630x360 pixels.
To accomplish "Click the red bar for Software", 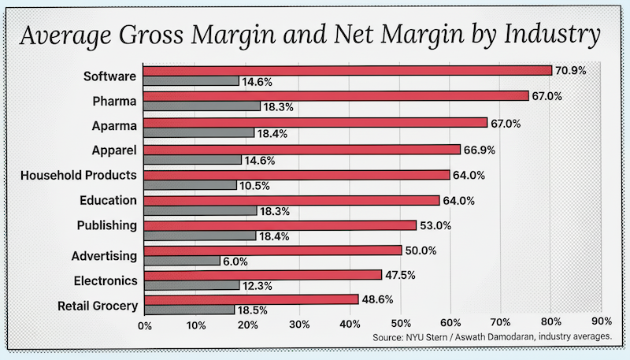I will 348,70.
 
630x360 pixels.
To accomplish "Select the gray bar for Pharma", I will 202,106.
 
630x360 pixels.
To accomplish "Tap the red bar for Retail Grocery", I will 251,299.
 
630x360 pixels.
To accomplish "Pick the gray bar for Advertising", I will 183,260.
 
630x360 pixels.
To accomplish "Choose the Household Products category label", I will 79,175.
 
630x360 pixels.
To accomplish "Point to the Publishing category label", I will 107,226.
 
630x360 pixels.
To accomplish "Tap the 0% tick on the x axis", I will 145,323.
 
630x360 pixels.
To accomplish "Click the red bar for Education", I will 292,200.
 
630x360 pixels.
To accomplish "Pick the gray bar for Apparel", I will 194,159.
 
